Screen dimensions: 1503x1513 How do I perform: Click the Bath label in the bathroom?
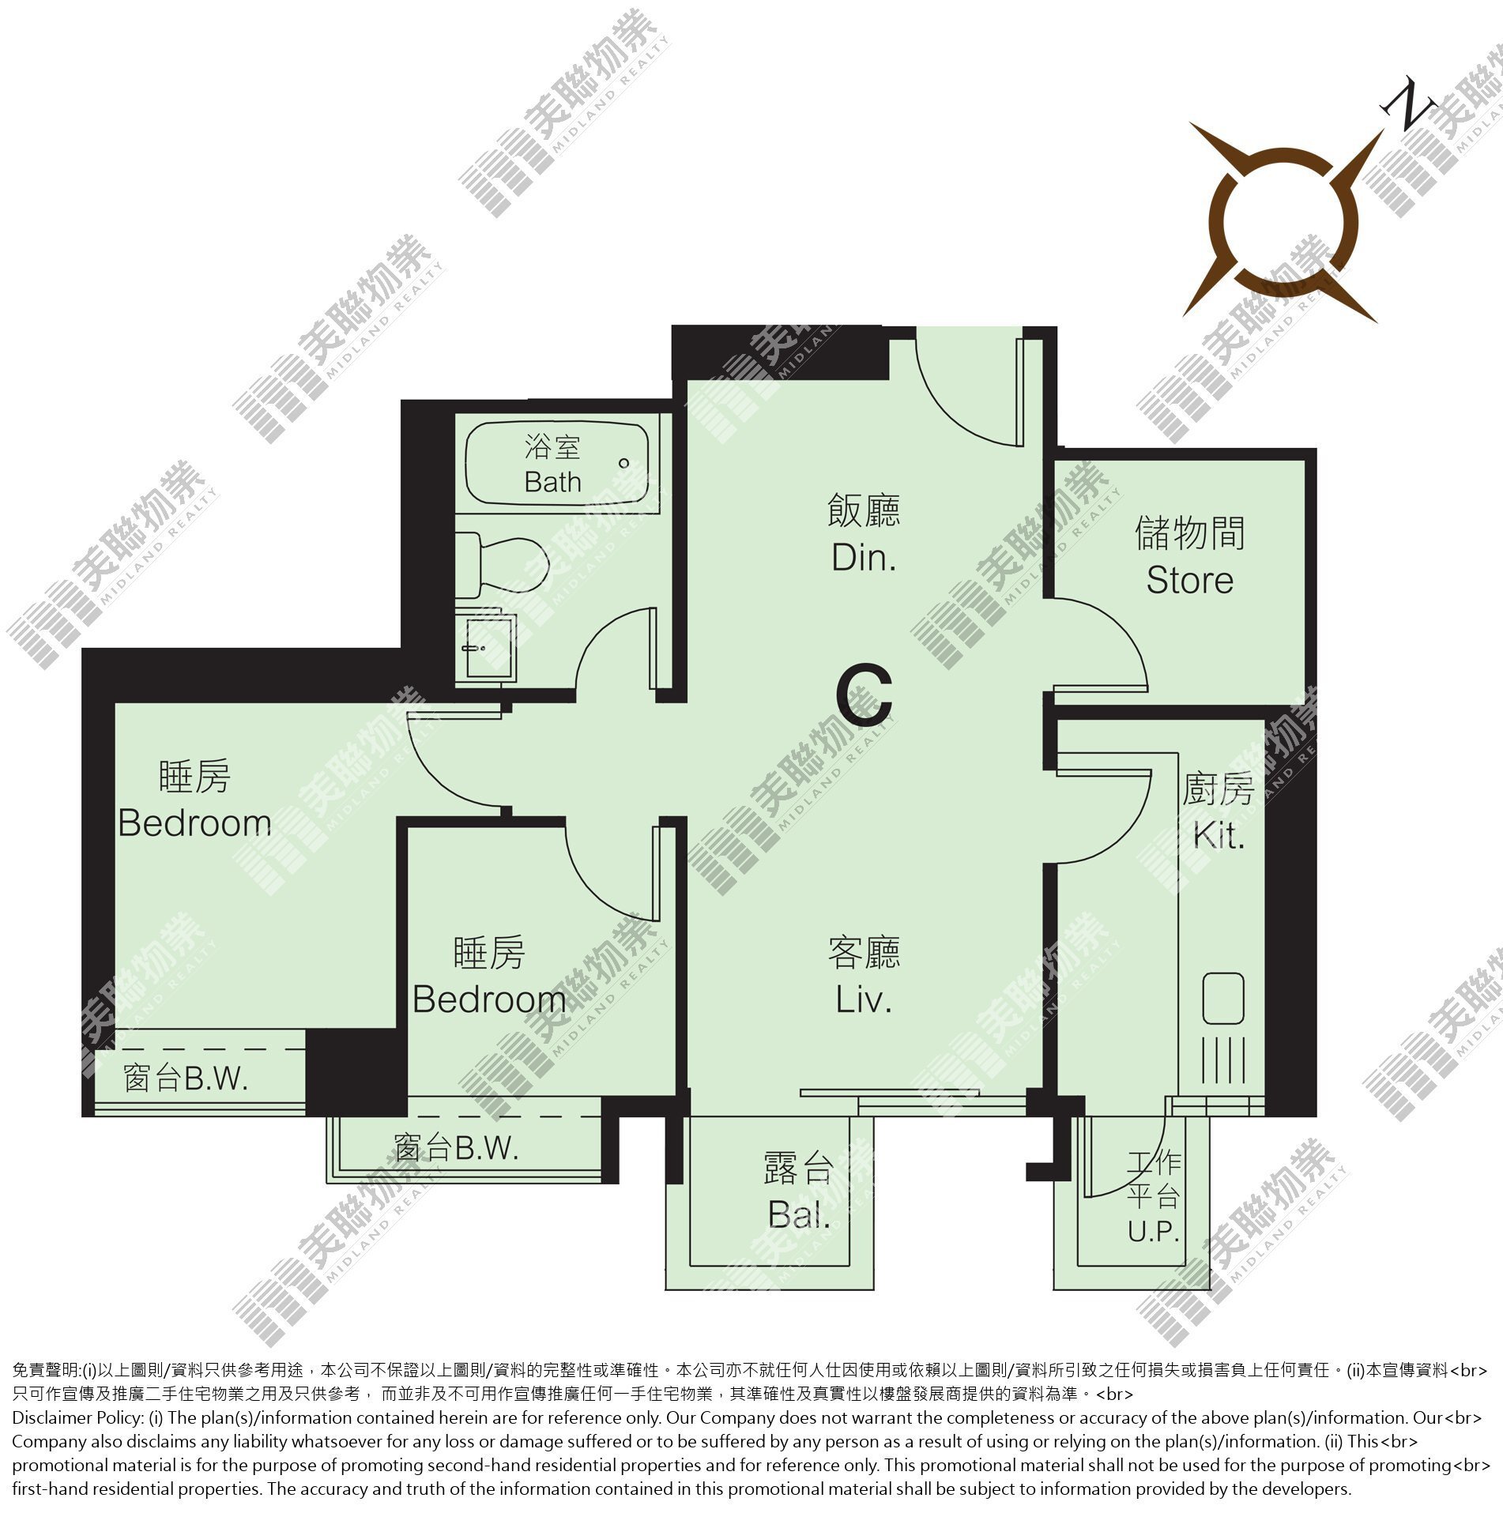(x=552, y=481)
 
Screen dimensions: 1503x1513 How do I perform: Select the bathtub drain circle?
(x=624, y=463)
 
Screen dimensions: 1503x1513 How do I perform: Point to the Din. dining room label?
(x=864, y=558)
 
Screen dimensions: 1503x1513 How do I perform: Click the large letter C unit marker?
(x=865, y=695)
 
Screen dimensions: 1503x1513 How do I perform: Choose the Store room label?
(x=1189, y=580)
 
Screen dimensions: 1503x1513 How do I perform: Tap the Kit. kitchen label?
(x=1219, y=835)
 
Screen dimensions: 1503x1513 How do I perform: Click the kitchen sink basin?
(x=1222, y=999)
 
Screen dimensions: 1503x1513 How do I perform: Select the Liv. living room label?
(x=864, y=999)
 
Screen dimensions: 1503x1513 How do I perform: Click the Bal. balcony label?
(x=799, y=1214)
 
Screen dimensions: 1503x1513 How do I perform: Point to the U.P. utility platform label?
(x=1154, y=1231)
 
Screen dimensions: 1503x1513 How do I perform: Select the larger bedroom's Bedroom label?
(x=194, y=823)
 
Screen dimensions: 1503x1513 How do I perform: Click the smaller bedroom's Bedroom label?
(x=489, y=999)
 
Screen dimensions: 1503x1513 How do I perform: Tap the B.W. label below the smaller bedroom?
(x=485, y=1148)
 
